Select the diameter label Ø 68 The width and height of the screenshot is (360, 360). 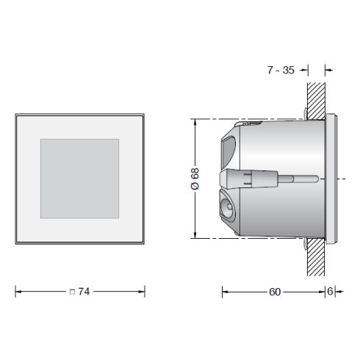click(x=194, y=179)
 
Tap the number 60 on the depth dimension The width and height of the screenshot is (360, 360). click(x=274, y=292)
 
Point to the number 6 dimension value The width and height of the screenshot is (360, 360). click(x=331, y=292)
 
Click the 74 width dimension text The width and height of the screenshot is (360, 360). click(x=83, y=292)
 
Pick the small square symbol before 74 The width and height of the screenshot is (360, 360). click(x=71, y=292)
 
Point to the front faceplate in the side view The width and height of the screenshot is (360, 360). click(x=331, y=177)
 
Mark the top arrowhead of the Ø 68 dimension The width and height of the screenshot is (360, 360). click(x=194, y=122)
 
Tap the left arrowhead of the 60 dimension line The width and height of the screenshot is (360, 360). click(x=225, y=292)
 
